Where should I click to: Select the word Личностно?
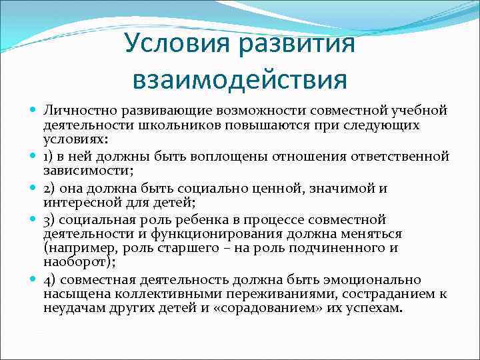tap(74, 109)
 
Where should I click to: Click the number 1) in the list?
tap(49, 157)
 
